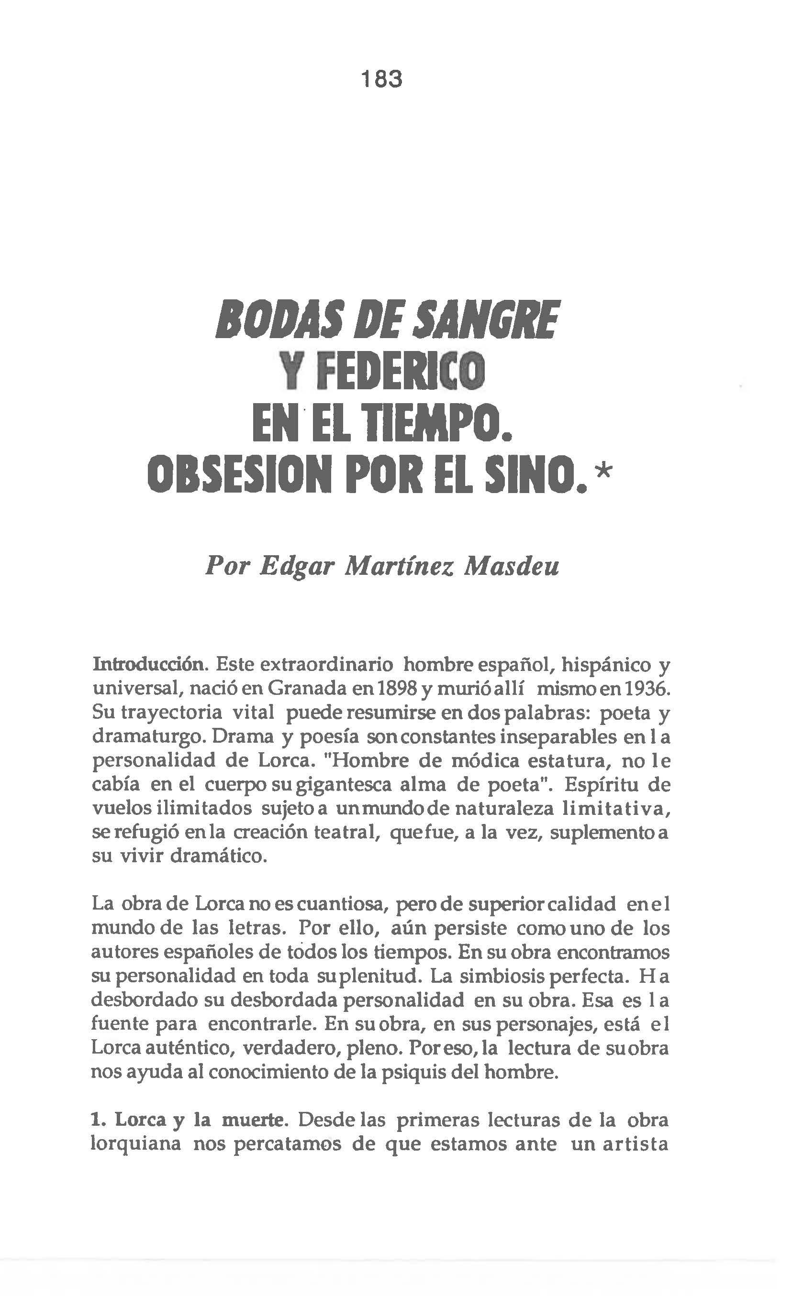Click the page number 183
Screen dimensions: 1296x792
[382, 79]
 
